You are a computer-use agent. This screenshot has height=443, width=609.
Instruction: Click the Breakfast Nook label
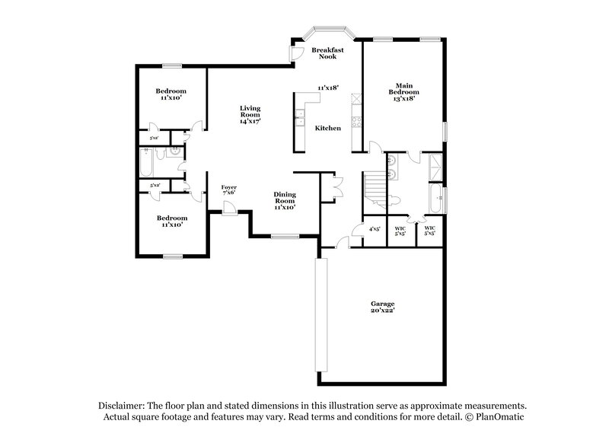click(x=327, y=53)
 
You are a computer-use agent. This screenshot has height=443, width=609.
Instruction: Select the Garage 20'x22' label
click(x=382, y=307)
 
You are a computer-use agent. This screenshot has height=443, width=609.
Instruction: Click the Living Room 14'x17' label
click(x=250, y=114)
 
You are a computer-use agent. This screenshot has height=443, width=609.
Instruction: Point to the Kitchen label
click(x=328, y=128)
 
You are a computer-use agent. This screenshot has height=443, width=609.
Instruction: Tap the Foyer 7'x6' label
click(x=228, y=190)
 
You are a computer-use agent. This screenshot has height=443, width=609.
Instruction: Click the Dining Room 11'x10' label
click(x=285, y=200)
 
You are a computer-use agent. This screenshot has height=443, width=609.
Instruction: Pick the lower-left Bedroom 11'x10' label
click(x=172, y=221)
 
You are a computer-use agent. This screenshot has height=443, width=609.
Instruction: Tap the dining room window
click(x=285, y=237)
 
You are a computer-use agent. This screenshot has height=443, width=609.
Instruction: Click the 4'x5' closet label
click(x=375, y=228)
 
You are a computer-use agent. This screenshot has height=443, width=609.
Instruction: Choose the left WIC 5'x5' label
click(x=400, y=231)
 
